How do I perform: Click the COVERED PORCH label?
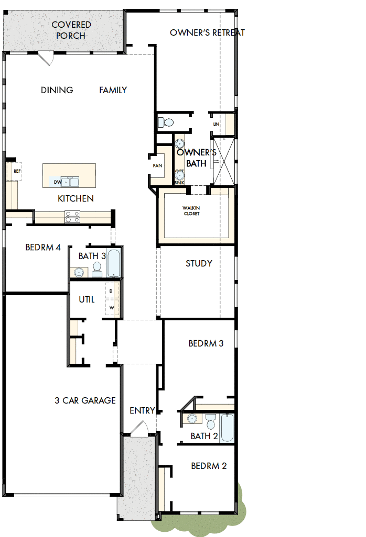[71, 30]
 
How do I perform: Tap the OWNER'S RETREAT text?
[207, 33]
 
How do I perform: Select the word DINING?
[57, 90]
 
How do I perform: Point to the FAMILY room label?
[113, 90]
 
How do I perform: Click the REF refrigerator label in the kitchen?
[17, 171]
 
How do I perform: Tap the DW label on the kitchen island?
[58, 182]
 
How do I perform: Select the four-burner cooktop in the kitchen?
[72, 216]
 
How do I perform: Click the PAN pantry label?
[157, 165]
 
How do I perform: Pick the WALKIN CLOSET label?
[191, 210]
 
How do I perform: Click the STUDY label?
[199, 263]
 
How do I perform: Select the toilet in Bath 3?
[97, 270]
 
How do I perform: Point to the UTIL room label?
[87, 299]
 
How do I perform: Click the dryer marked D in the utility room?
[111, 291]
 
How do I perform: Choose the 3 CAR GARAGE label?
[85, 400]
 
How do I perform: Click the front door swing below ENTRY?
[139, 428]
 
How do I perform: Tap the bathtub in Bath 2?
[227, 428]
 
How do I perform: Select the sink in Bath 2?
[192, 419]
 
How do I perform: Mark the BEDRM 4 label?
[43, 247]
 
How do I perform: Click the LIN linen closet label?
[216, 124]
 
